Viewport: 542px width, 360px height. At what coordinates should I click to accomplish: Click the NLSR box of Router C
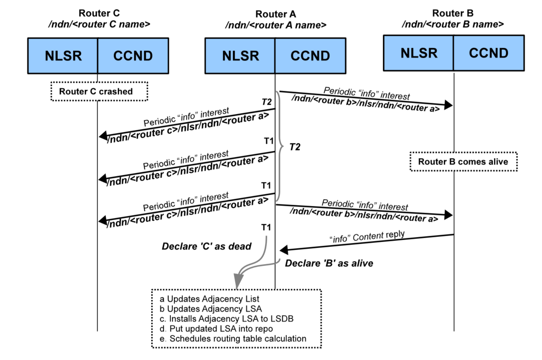tap(63, 56)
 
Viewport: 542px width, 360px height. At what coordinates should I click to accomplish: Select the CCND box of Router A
tap(310, 56)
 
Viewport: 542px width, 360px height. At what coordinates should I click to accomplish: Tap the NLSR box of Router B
tap(419, 53)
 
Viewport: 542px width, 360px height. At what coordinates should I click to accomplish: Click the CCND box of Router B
tap(489, 53)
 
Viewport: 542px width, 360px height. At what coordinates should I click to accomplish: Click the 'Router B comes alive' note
tap(463, 162)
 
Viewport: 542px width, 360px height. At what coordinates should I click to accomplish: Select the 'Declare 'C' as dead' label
tap(206, 247)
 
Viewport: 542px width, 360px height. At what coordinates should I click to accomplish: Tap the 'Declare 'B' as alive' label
tap(329, 263)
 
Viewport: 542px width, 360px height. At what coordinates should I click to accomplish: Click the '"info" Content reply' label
tap(367, 237)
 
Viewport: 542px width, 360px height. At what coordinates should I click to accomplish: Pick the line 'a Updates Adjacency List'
tap(209, 299)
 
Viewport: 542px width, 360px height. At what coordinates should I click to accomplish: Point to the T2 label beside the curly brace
tap(295, 147)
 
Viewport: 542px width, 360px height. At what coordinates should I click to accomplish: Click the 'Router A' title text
tap(276, 14)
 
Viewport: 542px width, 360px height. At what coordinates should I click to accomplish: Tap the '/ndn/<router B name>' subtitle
tap(453, 24)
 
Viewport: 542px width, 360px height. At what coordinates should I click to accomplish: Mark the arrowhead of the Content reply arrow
tap(284, 250)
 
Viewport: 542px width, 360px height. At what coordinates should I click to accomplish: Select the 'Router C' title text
tap(99, 13)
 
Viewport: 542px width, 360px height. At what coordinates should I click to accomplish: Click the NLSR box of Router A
tap(240, 56)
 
